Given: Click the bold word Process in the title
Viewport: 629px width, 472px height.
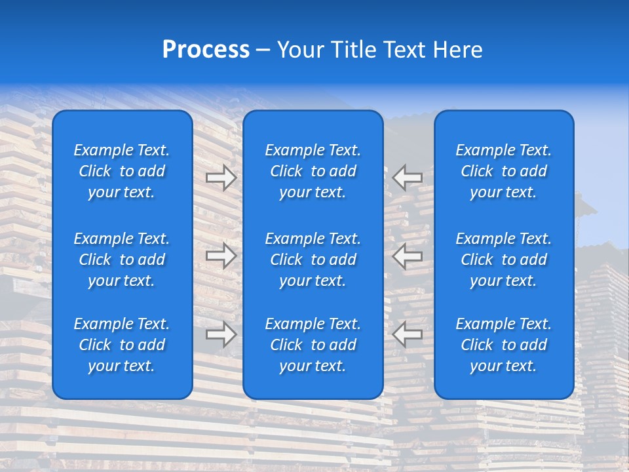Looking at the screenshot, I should coord(206,50).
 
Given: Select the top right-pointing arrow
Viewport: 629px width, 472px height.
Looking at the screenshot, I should coord(221,177).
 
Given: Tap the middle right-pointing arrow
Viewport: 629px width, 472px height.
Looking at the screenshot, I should coord(221,256).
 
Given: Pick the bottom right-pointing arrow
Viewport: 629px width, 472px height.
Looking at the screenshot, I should coord(221,334).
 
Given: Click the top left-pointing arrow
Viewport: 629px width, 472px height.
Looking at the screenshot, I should coord(408,177).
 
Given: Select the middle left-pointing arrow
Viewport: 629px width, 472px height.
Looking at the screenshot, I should coord(408,256).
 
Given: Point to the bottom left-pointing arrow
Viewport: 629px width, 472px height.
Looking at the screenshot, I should coord(408,334).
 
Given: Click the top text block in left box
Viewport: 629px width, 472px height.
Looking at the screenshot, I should coord(122,171).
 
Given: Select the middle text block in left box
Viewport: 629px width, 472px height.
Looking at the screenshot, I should coord(122,260).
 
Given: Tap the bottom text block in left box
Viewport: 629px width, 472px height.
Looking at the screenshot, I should coord(122,345).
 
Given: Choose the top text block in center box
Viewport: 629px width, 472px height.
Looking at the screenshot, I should coord(313,171).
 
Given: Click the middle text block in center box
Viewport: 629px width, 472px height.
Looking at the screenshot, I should coord(313,260).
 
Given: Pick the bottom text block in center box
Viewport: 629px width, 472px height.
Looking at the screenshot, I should coord(313,345).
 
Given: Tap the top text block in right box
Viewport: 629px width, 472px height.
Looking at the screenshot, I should coord(504,171).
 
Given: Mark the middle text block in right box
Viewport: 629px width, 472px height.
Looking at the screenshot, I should coord(504,260).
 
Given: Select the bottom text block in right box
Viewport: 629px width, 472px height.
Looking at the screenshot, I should coord(504,345).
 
